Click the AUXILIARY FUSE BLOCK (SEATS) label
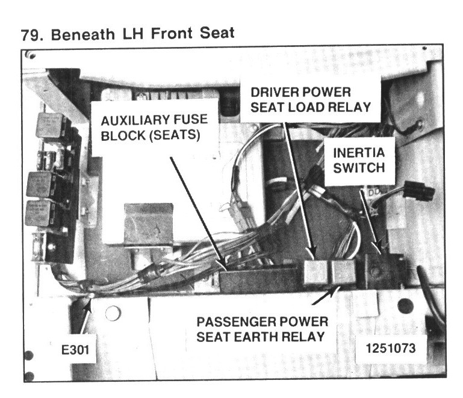pyautogui.click(x=151, y=128)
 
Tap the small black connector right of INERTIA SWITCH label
pyautogui.click(x=419, y=192)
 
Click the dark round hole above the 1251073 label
pyautogui.click(x=405, y=305)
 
